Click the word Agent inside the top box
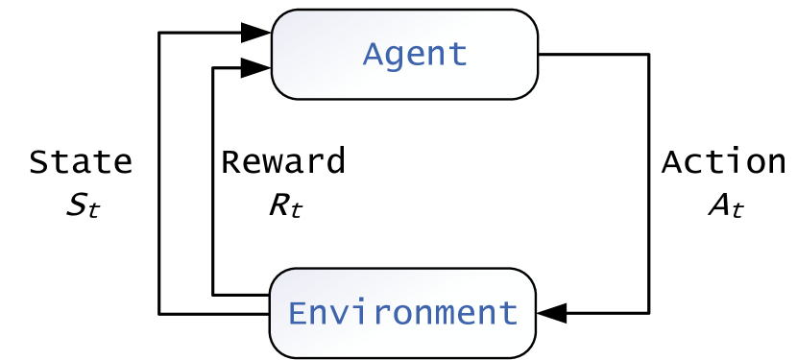(x=415, y=54)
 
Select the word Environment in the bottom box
(x=403, y=313)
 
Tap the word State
(x=81, y=162)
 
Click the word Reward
(x=283, y=162)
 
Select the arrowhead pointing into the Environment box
(x=553, y=313)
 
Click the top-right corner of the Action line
(x=649, y=54)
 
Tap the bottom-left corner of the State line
(x=158, y=313)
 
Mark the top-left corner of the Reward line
(x=212, y=67)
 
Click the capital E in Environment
(x=299, y=313)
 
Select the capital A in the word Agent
(x=373, y=54)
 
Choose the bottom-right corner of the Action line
(x=649, y=313)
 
